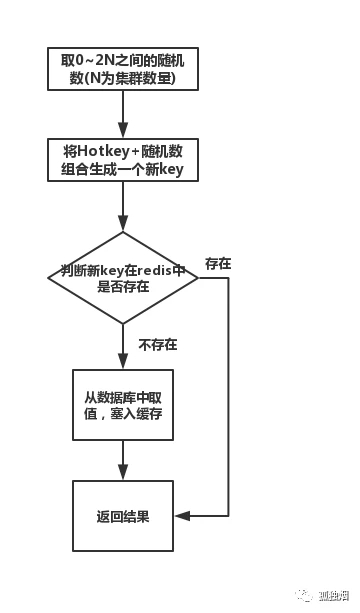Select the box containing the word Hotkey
coord(123,160)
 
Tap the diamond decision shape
coord(123,277)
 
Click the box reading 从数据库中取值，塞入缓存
coord(123,404)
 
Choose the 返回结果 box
coord(123,516)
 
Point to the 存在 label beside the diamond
coord(218,263)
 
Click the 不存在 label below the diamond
coord(158,345)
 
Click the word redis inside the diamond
coord(151,269)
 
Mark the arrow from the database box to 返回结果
coord(123,460)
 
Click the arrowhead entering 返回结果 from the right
coord(180,516)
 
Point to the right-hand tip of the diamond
coord(198,277)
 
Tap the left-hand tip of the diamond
coord(48,277)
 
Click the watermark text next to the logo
coord(331,597)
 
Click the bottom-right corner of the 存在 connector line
coord(228,516)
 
